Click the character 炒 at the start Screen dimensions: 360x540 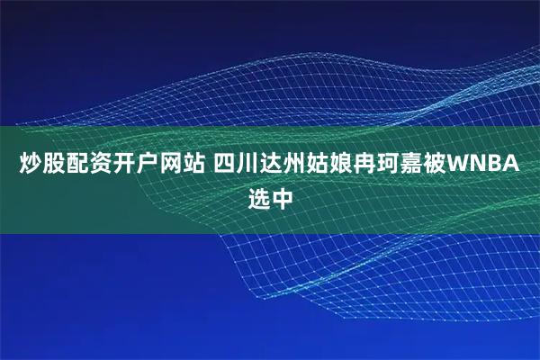tap(31, 166)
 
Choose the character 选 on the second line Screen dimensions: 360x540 tap(258, 197)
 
